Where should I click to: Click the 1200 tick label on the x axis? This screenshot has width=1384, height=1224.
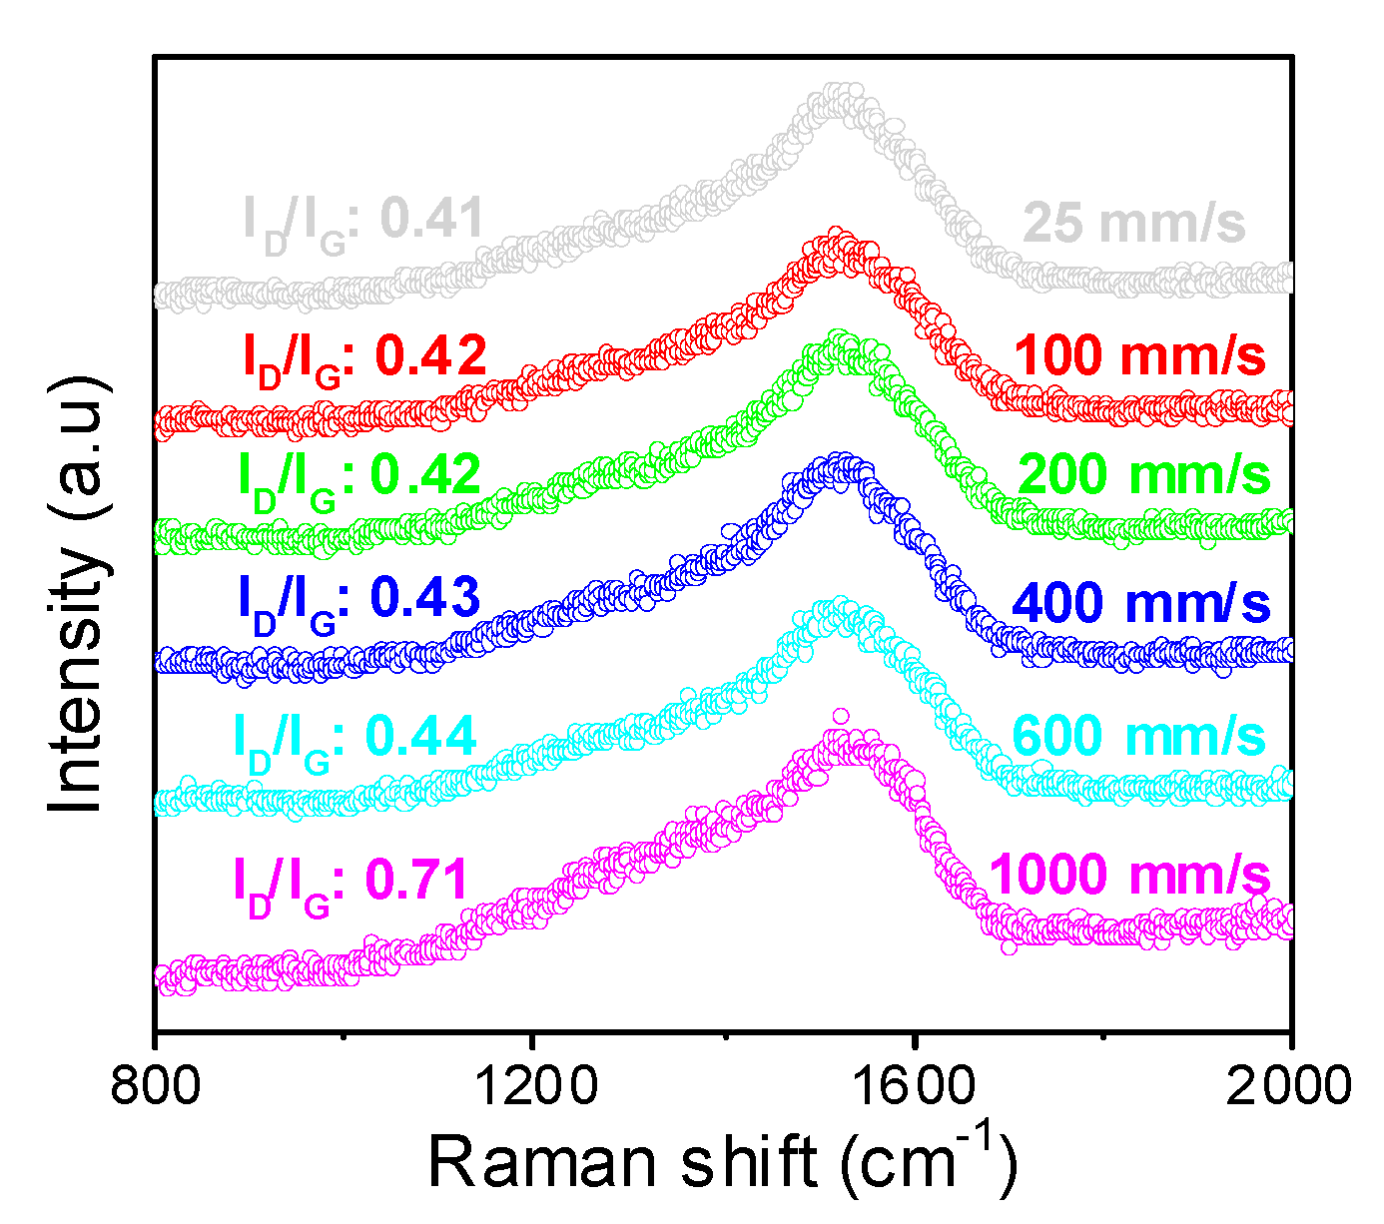tap(533, 1085)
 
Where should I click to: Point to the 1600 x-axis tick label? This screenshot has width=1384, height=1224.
tap(913, 1085)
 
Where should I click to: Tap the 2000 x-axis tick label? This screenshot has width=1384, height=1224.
tap(1288, 1085)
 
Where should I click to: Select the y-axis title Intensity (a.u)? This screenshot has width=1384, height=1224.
tap(78, 594)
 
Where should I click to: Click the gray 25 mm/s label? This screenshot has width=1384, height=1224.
tap(1134, 223)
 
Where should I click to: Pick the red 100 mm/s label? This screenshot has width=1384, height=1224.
tap(1139, 355)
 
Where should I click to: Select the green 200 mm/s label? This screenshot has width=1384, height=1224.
tap(1144, 474)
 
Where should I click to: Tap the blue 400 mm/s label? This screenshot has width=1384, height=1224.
tap(1140, 604)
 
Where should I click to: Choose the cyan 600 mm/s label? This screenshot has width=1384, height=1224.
tap(1138, 737)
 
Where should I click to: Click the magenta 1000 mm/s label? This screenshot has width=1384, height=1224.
tap(1129, 875)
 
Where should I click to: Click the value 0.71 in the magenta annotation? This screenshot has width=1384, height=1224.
tap(417, 880)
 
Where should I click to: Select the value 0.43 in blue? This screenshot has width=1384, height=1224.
tap(425, 597)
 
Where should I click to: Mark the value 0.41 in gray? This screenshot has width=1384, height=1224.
tap(432, 219)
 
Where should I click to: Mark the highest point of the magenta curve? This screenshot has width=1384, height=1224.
tap(841, 716)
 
